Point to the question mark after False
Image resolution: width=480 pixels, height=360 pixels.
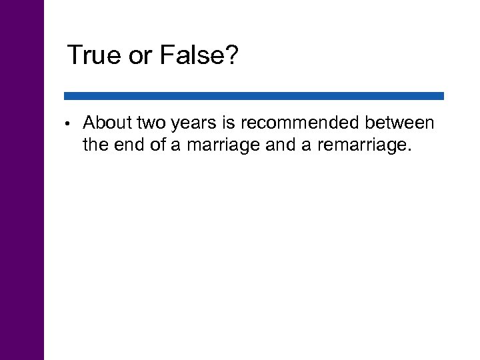click(x=231, y=55)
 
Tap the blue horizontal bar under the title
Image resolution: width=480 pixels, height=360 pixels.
click(x=253, y=96)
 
